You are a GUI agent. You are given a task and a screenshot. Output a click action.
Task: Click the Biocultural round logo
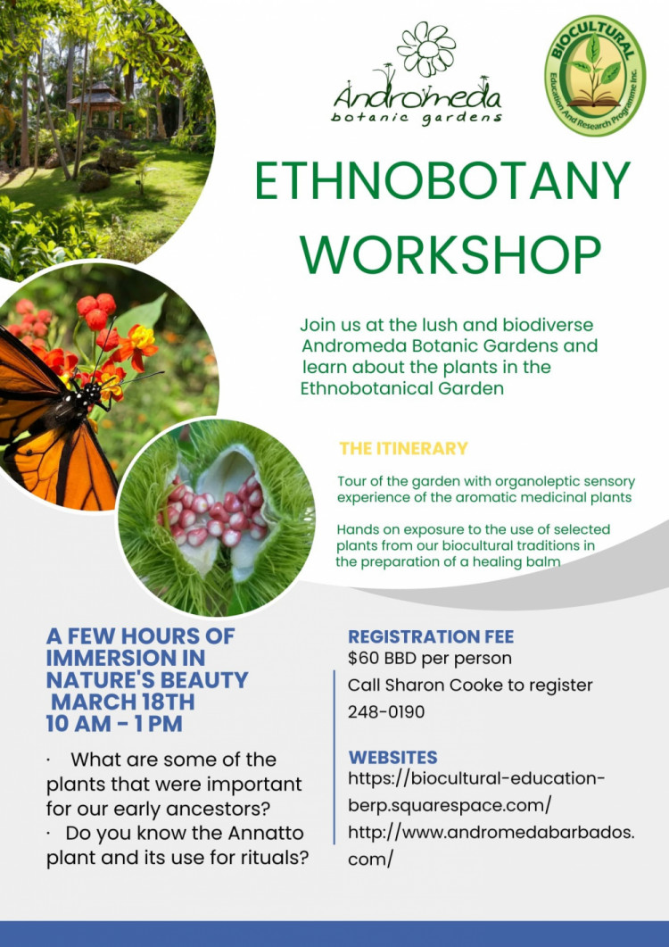tap(595, 75)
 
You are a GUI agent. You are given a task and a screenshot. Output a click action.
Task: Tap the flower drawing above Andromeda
tap(426, 49)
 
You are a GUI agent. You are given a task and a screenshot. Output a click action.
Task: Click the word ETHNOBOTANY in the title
tap(442, 181)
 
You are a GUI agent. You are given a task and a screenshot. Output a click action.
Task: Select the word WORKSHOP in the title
tap(450, 254)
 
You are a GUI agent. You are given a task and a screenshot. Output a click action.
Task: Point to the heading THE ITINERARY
tap(403, 448)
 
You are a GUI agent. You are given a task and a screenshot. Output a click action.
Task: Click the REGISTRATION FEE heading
tap(431, 636)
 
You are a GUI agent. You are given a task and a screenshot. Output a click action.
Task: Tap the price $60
tap(362, 658)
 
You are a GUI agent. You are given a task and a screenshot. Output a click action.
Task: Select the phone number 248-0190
tap(386, 712)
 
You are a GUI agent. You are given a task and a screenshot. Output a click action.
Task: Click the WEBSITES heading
tap(392, 758)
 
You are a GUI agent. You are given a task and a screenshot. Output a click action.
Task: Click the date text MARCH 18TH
tap(122, 702)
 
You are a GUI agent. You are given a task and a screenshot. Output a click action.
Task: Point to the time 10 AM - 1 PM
tap(114, 724)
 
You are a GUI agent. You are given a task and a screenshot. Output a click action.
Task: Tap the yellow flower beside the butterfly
tap(143, 338)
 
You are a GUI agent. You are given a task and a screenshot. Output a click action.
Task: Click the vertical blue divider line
tap(334, 757)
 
